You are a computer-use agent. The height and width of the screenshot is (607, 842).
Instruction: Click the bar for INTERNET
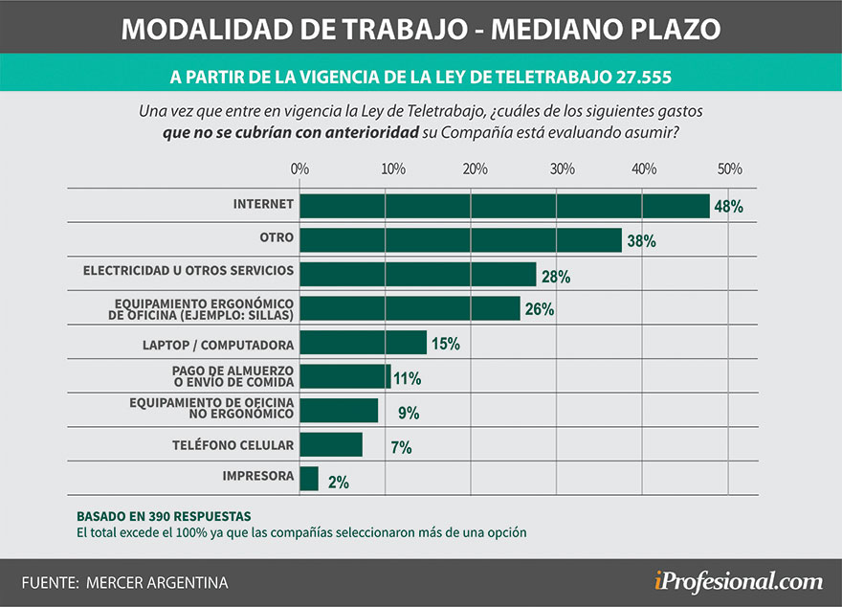click(504, 206)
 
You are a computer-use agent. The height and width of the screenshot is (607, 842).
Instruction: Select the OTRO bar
click(460, 240)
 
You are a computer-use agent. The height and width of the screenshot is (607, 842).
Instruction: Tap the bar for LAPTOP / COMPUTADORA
click(363, 343)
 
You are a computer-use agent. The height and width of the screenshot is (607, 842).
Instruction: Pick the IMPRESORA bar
click(309, 479)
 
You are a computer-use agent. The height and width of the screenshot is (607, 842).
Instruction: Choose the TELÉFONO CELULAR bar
click(331, 445)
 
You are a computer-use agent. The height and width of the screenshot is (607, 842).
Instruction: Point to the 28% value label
click(555, 276)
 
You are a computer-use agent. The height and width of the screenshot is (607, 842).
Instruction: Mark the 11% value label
click(407, 378)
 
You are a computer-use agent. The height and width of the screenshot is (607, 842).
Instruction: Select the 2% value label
click(338, 482)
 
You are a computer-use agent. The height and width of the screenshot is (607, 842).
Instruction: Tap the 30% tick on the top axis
click(563, 169)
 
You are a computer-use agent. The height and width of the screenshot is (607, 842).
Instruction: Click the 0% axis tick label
click(299, 169)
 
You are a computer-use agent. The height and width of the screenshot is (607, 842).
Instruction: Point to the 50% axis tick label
click(730, 169)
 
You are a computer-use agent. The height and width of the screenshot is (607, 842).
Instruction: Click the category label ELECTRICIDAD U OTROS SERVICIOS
click(188, 271)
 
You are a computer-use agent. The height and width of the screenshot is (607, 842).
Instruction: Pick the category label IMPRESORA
click(258, 476)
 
